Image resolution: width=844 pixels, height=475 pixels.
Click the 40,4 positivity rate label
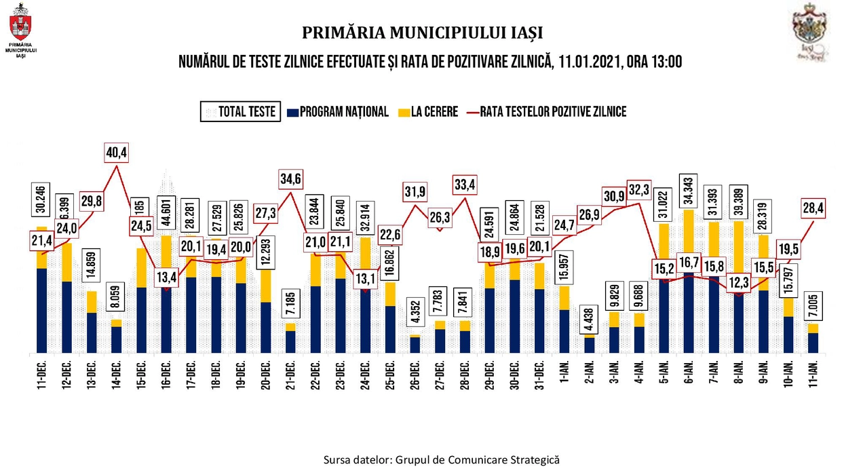[x=116, y=153]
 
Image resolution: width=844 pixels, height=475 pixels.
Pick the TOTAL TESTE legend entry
[x=241, y=111]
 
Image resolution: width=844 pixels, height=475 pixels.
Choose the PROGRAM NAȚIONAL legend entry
[x=338, y=111]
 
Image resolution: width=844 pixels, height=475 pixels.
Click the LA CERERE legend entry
[x=427, y=111]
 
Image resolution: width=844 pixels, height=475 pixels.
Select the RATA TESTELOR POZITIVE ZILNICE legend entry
[x=545, y=111]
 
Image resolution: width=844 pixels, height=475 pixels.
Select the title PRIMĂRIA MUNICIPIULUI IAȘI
[x=422, y=33]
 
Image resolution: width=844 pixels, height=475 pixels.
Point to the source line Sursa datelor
[x=442, y=459]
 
